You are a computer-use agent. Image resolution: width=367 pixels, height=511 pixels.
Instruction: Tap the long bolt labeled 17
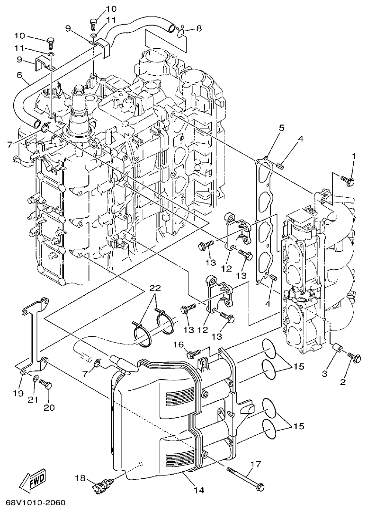[x=245, y=478]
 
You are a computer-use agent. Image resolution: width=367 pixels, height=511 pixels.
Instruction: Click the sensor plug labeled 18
[x=104, y=485]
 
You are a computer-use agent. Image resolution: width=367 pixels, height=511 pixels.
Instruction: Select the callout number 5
[x=281, y=128]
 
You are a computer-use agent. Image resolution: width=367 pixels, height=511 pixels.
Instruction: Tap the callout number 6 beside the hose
[x=19, y=75]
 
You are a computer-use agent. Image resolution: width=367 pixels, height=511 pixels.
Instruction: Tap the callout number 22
[x=156, y=288]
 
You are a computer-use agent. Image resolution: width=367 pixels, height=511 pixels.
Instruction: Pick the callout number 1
[x=353, y=156]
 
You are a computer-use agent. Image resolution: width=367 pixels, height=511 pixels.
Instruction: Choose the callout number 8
[x=198, y=28]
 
